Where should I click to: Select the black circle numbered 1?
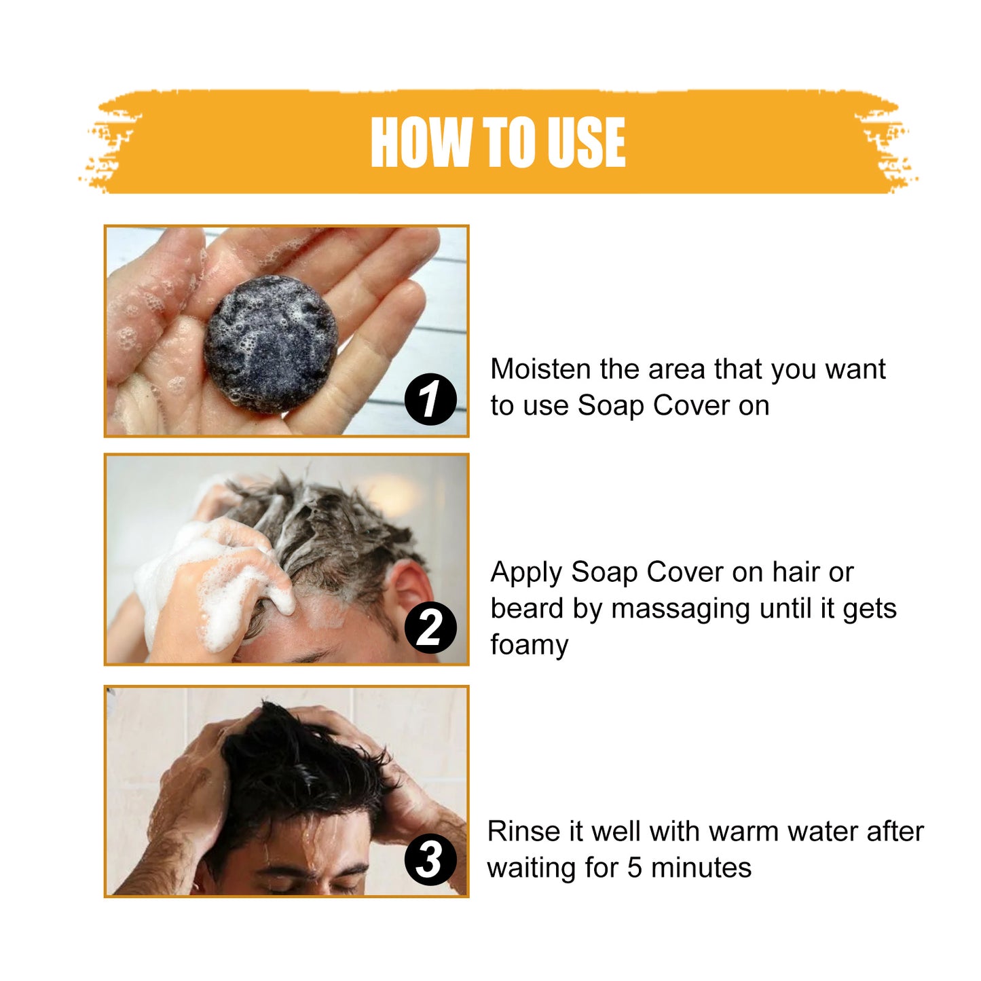pos(430,399)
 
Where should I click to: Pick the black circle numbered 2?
pos(430,627)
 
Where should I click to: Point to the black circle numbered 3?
pos(430,859)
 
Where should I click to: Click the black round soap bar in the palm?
pos(271,344)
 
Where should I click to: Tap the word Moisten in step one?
pos(541,369)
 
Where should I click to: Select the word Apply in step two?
pos(527,573)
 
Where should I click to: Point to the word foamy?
pos(530,645)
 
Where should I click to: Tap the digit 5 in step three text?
pos(634,868)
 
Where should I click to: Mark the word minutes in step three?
pos(701,868)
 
